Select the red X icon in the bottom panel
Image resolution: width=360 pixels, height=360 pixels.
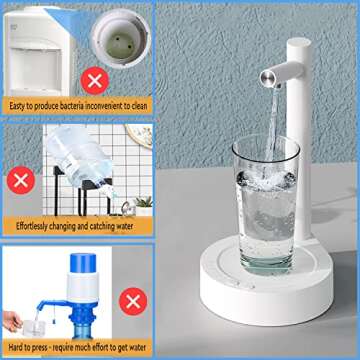(x=131, y=299)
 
